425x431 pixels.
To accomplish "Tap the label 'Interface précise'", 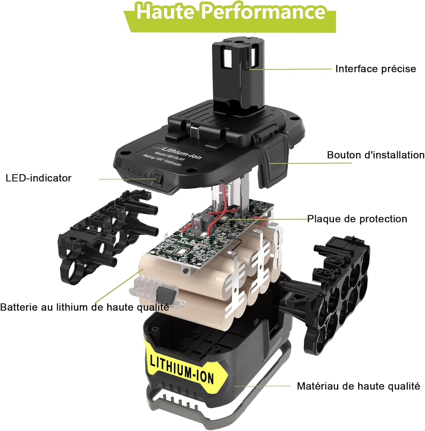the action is point(376,69).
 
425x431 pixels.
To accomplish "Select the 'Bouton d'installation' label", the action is point(376,155).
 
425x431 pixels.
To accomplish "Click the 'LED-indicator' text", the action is point(39,178).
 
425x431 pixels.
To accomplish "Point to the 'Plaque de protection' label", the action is point(357,219).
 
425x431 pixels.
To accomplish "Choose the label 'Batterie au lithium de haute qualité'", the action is point(84,307).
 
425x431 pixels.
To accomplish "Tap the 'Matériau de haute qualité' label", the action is point(359,386).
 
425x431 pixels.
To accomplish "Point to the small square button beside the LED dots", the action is point(159,179).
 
